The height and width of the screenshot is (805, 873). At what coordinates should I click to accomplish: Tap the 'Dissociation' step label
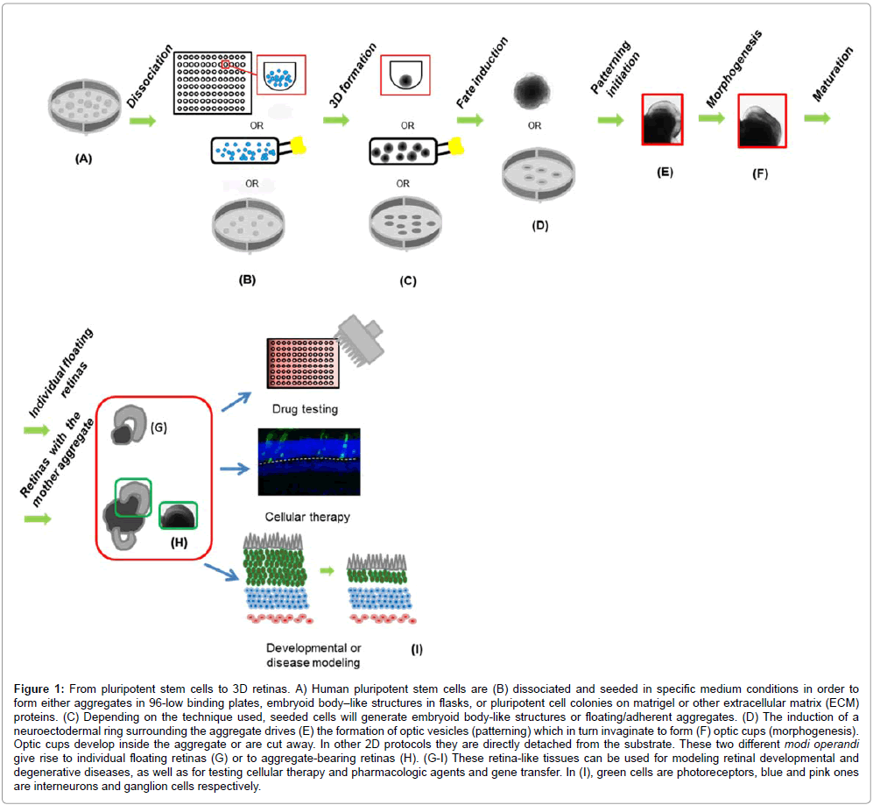pos(145,87)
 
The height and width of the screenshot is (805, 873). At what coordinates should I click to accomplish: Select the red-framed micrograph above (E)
pos(665,120)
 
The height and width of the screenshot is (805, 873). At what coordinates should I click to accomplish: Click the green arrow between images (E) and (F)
pos(712,117)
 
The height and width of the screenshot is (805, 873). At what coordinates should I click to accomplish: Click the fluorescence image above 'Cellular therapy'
pos(307,461)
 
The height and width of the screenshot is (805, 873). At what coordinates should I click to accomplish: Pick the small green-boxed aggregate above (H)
pos(178,516)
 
